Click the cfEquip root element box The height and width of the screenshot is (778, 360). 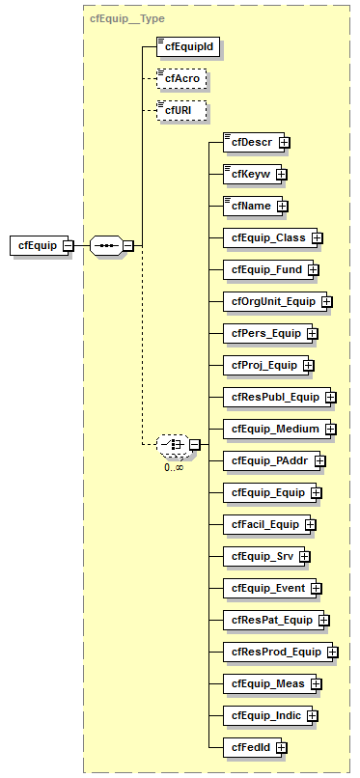[38, 245]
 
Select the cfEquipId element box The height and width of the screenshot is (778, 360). [184, 44]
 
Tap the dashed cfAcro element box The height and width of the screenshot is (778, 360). [180, 77]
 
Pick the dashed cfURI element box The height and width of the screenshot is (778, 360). [180, 110]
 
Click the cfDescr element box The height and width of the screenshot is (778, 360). [250, 142]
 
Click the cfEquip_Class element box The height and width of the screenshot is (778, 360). [265, 237]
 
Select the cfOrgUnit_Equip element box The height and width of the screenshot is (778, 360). [272, 301]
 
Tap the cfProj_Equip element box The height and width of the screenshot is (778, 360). [263, 365]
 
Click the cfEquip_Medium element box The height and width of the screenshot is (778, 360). [273, 428]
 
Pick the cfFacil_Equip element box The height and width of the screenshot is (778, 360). [263, 524]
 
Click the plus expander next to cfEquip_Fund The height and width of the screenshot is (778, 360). [314, 269]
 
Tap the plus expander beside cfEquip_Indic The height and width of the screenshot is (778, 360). [313, 715]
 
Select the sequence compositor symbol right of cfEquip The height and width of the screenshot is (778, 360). [105, 245]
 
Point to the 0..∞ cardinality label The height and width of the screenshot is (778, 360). [174, 466]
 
